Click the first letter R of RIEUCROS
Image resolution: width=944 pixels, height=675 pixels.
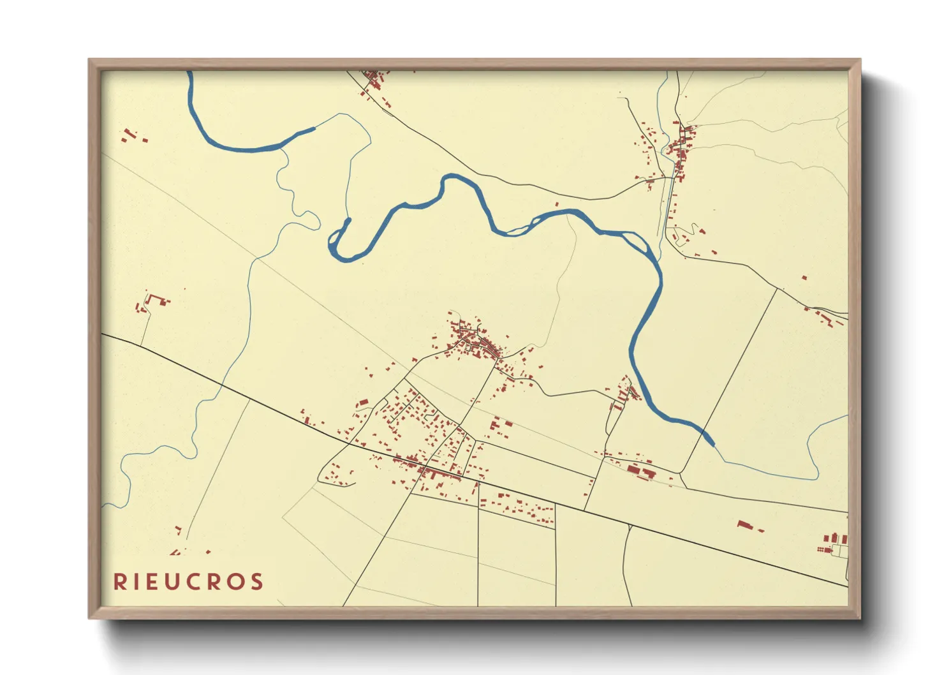tap(119, 582)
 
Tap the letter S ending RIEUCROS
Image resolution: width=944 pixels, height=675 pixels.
tap(257, 582)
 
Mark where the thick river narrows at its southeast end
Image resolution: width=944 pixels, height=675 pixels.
tap(709, 440)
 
